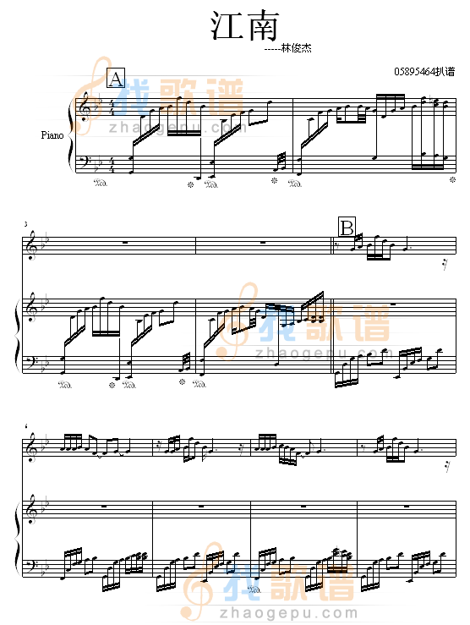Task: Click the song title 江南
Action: click(243, 26)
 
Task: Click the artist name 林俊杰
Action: click(296, 48)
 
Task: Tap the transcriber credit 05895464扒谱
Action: click(424, 72)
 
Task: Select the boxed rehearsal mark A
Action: click(116, 78)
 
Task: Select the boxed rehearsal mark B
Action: click(347, 228)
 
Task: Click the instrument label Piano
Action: click(52, 135)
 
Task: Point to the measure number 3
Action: click(26, 224)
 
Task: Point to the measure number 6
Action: click(26, 426)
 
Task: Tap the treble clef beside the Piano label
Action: click(85, 107)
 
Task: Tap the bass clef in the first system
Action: click(84, 162)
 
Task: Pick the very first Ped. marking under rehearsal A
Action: click(100, 184)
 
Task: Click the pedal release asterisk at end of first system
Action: click(453, 180)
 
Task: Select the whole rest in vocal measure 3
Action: click(125, 242)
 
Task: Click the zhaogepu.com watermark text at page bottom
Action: click(288, 612)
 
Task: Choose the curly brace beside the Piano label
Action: click(72, 136)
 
